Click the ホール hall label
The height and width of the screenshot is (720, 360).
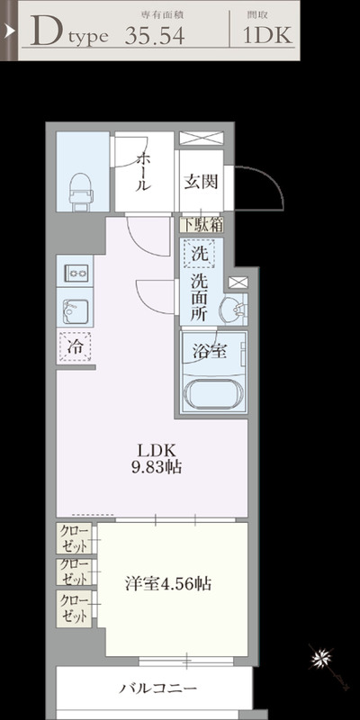143,171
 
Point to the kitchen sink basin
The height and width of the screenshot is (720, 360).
74,311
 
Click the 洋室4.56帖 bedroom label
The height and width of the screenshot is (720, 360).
168,582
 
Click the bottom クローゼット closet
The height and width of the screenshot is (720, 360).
76,609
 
